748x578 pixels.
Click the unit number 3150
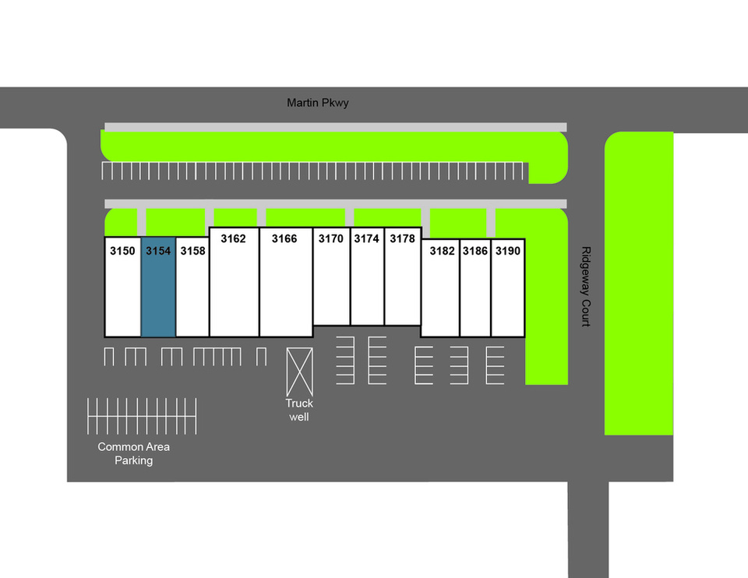122,251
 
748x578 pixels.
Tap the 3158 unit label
192,251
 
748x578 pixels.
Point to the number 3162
233,238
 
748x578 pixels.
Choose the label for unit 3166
284,238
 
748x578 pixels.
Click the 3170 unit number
331,238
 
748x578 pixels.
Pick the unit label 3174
367,238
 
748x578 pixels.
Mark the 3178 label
403,238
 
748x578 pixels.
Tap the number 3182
442,251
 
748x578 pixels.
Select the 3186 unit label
475,251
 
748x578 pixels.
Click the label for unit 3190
508,251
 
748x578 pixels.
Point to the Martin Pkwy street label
318,103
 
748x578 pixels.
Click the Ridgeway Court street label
585,287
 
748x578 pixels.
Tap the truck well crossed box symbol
299,371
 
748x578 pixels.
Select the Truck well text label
299,410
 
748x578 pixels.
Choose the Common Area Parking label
133,453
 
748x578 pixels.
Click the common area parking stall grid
142,416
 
